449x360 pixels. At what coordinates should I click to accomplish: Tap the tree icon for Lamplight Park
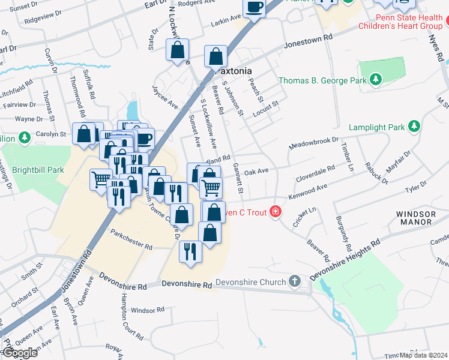point(414,127)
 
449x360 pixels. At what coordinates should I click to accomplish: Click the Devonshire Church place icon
point(294,281)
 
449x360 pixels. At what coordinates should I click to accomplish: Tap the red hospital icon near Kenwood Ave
point(276,211)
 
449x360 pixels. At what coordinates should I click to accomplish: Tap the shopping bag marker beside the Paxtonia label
point(215,57)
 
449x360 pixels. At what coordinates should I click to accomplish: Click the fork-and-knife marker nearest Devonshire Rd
point(190,251)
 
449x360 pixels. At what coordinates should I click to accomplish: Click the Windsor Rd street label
point(147,310)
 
